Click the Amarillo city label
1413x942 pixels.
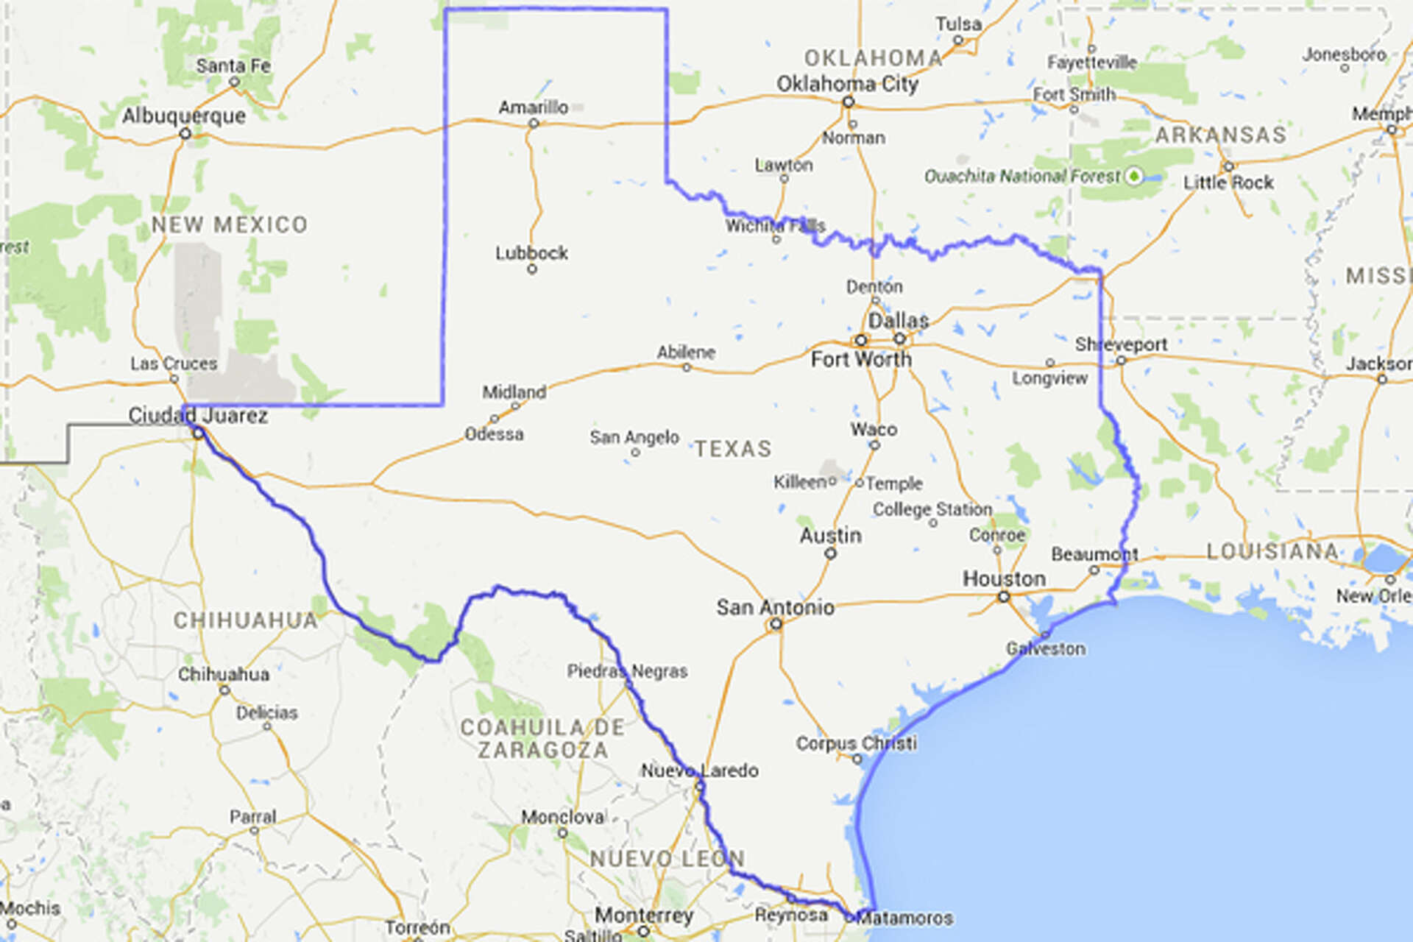click(x=533, y=107)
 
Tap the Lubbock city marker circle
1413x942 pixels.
click(x=532, y=269)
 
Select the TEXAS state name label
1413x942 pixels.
click(x=733, y=448)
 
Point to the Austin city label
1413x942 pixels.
click(x=830, y=535)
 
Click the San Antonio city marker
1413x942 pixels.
click(x=775, y=625)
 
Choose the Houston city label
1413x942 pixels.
click(x=1004, y=578)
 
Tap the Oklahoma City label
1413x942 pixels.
click(x=847, y=84)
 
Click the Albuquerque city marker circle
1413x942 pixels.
click(x=185, y=134)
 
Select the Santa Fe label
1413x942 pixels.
click(x=233, y=65)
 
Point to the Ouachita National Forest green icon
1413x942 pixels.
click(x=1135, y=176)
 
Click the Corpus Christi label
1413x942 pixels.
click(x=856, y=743)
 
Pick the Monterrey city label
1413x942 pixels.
click(x=644, y=916)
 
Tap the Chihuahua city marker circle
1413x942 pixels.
click(x=224, y=690)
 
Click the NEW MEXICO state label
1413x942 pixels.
click(x=230, y=224)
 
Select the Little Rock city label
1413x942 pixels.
click(x=1228, y=183)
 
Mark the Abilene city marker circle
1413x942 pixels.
click(x=687, y=367)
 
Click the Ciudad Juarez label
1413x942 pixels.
click(x=198, y=416)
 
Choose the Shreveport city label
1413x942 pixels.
click(x=1121, y=344)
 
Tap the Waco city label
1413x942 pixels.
click(x=874, y=429)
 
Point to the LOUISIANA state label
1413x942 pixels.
click(x=1272, y=551)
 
